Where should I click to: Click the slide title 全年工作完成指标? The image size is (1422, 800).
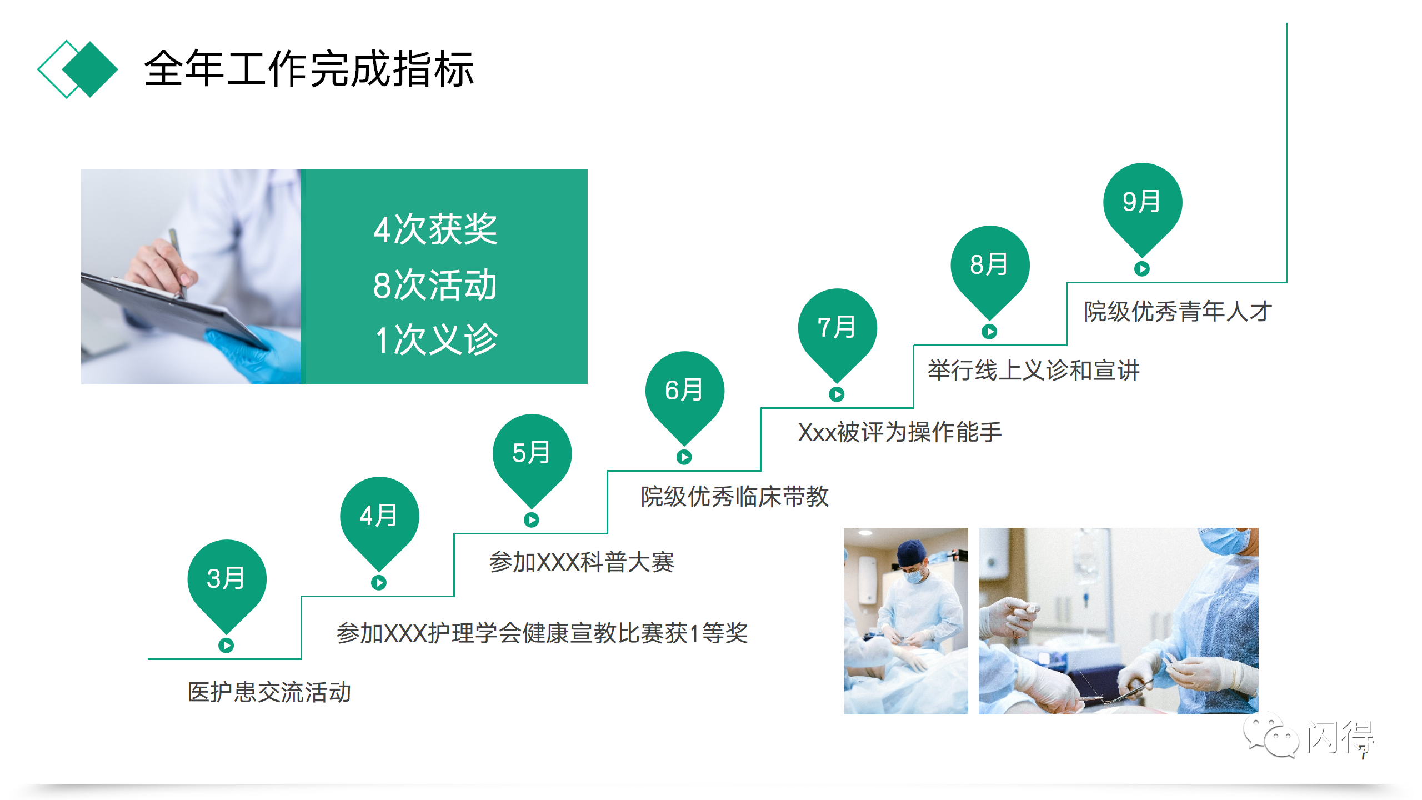click(309, 69)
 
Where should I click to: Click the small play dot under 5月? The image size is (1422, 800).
click(532, 520)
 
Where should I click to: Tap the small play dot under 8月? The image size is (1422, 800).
click(989, 332)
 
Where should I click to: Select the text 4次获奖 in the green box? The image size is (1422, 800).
click(435, 229)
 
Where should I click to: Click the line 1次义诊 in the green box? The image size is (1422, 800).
click(436, 339)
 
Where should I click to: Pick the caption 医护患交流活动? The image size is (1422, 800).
click(269, 692)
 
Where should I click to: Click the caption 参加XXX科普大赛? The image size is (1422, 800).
click(582, 562)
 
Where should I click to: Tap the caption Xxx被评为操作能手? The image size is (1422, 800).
click(900, 432)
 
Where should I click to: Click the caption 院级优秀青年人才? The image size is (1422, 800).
click(1178, 311)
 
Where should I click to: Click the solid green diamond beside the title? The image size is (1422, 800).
click(91, 69)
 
